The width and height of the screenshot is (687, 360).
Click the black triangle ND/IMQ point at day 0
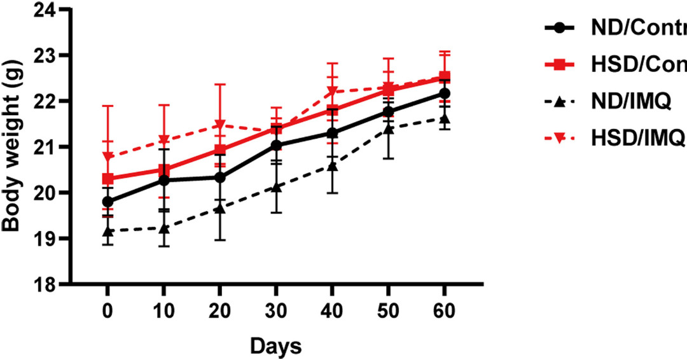coord(108,231)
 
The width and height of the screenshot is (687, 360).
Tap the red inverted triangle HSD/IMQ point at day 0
coord(108,156)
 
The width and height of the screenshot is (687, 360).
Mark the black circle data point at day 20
coord(220,177)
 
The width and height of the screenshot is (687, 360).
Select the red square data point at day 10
coord(164,170)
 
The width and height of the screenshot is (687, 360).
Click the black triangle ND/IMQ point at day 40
coord(332,166)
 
